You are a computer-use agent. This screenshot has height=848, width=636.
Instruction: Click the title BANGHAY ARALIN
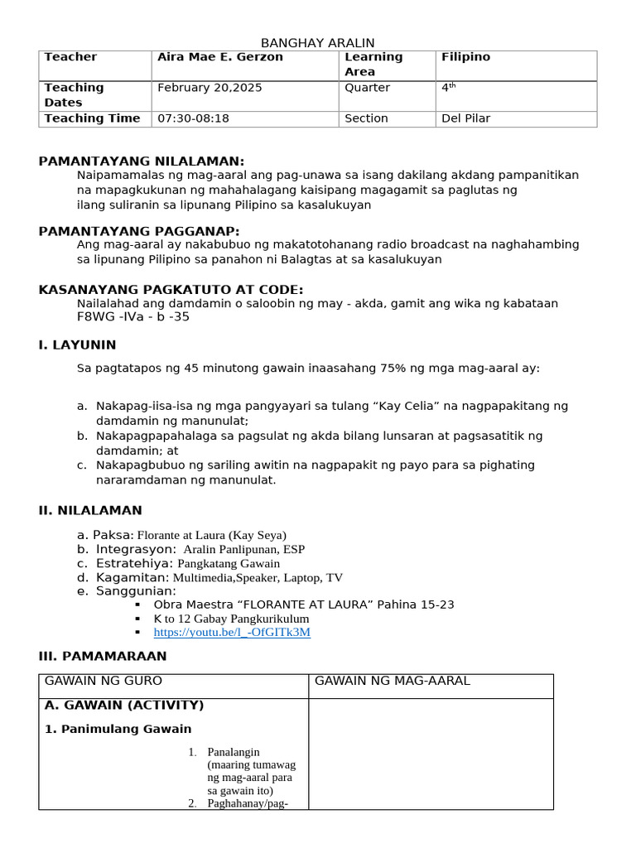pyautogui.click(x=318, y=43)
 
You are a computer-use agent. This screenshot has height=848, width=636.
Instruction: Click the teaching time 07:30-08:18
pyautogui.click(x=193, y=118)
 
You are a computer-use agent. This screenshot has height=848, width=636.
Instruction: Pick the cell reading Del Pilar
pyautogui.click(x=465, y=118)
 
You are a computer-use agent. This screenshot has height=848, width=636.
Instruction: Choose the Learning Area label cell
pyautogui.click(x=373, y=65)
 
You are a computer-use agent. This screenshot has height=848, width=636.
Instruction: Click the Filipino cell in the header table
pyautogui.click(x=465, y=57)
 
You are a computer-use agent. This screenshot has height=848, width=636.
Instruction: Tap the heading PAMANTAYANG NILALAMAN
pyautogui.click(x=142, y=161)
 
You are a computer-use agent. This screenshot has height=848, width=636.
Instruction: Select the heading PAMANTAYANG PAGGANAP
pyautogui.click(x=139, y=231)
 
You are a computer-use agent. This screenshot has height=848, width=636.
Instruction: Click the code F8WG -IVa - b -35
pyautogui.click(x=132, y=317)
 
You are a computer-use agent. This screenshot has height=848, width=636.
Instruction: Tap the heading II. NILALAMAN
pyautogui.click(x=90, y=510)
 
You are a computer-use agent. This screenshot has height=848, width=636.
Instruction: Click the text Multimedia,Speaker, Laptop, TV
pyautogui.click(x=258, y=578)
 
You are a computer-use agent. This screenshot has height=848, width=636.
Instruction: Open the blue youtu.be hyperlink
pyautogui.click(x=232, y=632)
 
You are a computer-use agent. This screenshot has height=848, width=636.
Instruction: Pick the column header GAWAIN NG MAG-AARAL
pyautogui.click(x=393, y=681)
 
